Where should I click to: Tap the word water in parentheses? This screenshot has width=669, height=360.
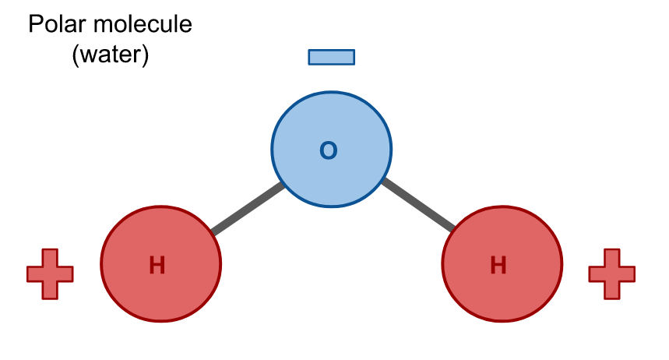click(x=110, y=56)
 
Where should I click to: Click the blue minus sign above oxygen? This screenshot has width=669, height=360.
click(x=332, y=57)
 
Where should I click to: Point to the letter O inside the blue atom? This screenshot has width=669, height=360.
click(x=329, y=150)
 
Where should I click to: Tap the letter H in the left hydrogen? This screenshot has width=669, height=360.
click(x=157, y=266)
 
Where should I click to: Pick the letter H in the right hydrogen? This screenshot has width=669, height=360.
click(x=498, y=266)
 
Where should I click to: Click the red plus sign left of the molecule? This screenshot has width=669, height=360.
click(x=50, y=274)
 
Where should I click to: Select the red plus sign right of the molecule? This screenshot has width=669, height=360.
click(x=611, y=274)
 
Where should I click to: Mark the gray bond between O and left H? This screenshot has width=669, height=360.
click(x=248, y=209)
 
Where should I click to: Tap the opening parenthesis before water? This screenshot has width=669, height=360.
click(x=75, y=57)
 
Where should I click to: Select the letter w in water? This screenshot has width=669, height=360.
click(x=86, y=57)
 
